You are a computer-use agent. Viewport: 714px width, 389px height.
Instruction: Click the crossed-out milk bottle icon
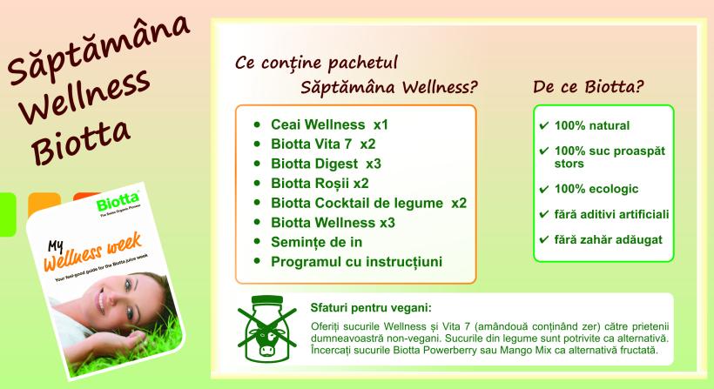[267, 329]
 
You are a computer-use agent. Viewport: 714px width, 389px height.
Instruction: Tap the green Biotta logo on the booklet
[118, 202]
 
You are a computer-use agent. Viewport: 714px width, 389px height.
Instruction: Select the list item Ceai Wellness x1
[329, 124]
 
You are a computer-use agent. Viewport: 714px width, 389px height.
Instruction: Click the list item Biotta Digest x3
[326, 164]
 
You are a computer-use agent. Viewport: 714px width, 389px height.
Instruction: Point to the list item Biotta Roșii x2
[320, 184]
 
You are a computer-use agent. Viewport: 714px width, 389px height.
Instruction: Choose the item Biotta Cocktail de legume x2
[369, 203]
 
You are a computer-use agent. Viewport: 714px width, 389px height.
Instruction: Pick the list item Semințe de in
[316, 242]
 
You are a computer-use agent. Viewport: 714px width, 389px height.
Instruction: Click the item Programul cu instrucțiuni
[356, 262]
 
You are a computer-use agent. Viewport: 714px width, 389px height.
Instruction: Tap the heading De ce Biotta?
[589, 86]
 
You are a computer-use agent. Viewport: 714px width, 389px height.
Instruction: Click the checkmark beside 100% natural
[543, 125]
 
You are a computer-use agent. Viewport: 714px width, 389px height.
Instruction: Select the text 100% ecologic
[596, 189]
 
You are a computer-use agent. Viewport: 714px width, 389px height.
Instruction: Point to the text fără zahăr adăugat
[608, 240]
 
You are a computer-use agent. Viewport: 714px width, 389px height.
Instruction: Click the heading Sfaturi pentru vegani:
[371, 308]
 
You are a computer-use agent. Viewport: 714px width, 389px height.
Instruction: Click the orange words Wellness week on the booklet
[93, 252]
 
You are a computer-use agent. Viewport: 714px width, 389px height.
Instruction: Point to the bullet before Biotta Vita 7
[257, 144]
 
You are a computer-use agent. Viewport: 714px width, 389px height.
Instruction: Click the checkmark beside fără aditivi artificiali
[543, 214]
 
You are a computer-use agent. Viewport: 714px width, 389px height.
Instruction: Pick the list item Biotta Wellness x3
[333, 223]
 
